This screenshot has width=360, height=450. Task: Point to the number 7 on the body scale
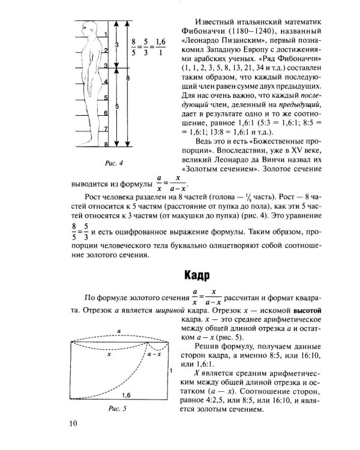click(x=106, y=128)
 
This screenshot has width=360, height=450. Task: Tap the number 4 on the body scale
click(x=106, y=80)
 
